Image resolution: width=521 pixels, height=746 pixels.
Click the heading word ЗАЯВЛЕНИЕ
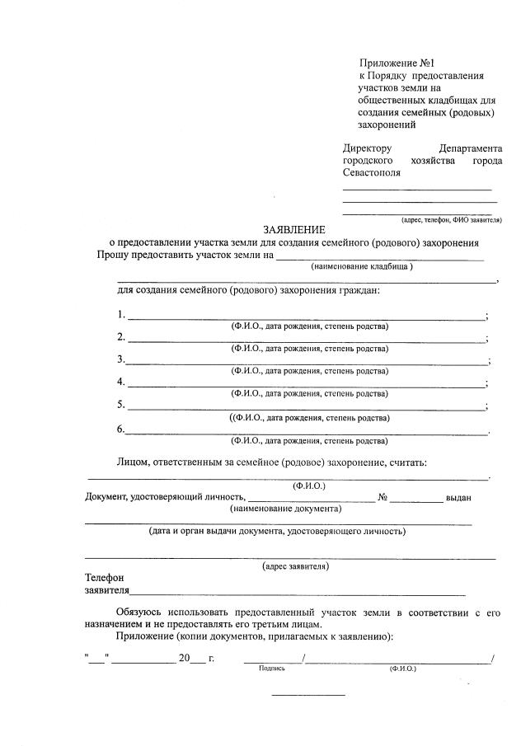[x=294, y=229]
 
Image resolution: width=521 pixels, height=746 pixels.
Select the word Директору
[x=368, y=148]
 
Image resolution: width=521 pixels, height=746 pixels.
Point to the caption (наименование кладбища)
[x=361, y=266]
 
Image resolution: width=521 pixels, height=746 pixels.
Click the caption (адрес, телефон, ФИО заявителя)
[x=451, y=220]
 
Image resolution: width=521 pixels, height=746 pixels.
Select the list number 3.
[x=121, y=359]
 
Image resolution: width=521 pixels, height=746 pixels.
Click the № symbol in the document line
[x=383, y=497]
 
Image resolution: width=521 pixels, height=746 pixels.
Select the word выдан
[x=458, y=497]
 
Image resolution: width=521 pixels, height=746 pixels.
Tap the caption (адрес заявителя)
[x=295, y=566]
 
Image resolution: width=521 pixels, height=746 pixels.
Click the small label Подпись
[x=271, y=669]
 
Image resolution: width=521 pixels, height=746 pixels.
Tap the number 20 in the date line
[x=184, y=658]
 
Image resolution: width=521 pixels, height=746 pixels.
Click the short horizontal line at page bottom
[x=308, y=696]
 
